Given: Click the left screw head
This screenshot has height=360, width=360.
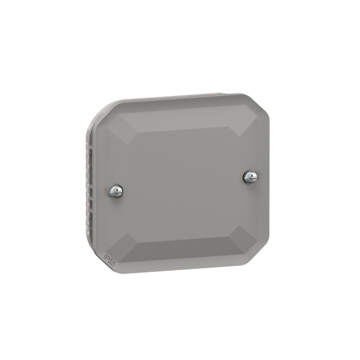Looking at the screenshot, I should pyautogui.click(x=116, y=191).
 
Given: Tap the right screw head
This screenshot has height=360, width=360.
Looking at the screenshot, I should pyautogui.click(x=250, y=176).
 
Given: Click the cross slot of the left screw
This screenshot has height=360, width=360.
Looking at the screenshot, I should pyautogui.click(x=116, y=191).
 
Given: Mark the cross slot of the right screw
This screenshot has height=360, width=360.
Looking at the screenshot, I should pyautogui.click(x=250, y=176).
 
